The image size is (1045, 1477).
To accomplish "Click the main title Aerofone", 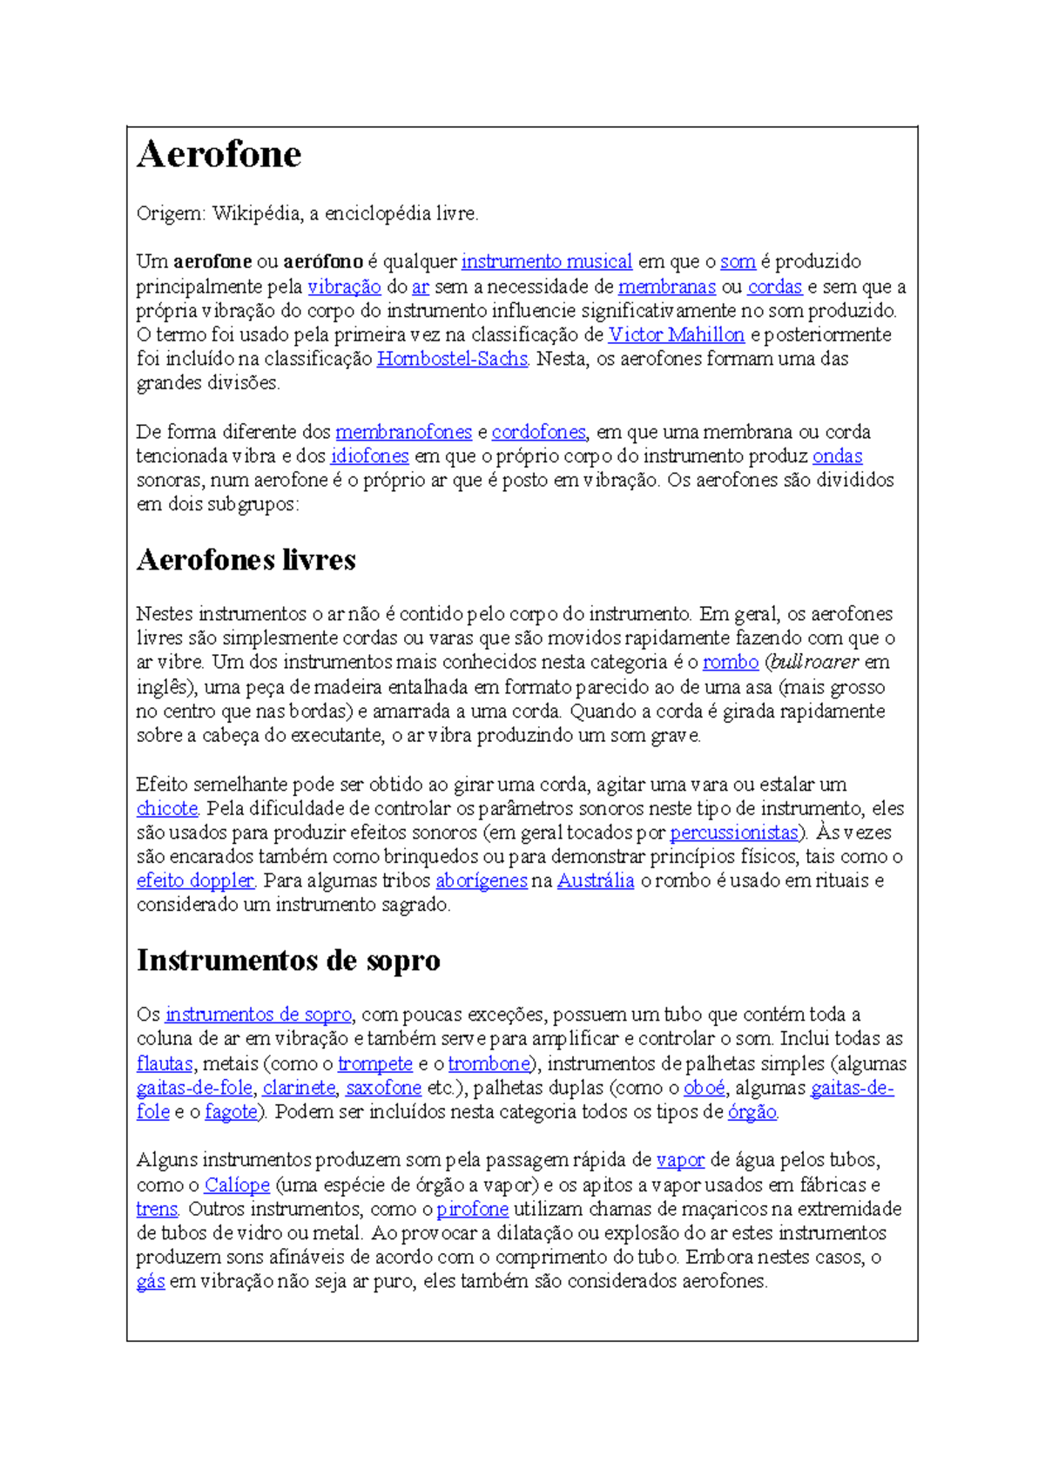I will click(219, 155).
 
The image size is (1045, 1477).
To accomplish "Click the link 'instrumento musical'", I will click(546, 261).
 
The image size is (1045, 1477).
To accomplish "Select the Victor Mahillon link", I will click(676, 334).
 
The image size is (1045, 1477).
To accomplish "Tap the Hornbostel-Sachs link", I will click(452, 359).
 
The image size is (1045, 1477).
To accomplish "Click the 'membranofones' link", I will click(403, 432).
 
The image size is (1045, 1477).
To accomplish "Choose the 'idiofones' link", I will click(369, 455).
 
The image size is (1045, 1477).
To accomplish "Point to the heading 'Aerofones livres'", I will click(246, 559).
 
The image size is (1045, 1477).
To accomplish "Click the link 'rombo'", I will click(731, 662).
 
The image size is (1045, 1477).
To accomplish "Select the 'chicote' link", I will click(167, 808).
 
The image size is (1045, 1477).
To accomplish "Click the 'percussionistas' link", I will click(733, 833).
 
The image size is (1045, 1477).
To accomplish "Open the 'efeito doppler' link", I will click(195, 880).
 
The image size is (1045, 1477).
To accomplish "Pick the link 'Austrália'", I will click(596, 880).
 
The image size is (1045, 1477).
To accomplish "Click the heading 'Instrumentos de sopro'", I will click(288, 960).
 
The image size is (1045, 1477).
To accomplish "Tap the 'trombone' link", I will click(489, 1063).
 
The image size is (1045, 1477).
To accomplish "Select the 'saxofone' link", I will click(383, 1088).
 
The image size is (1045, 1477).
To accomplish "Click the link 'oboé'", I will click(705, 1088).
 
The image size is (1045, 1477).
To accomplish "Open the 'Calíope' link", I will click(237, 1184).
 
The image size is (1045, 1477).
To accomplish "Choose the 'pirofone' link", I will click(472, 1209).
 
